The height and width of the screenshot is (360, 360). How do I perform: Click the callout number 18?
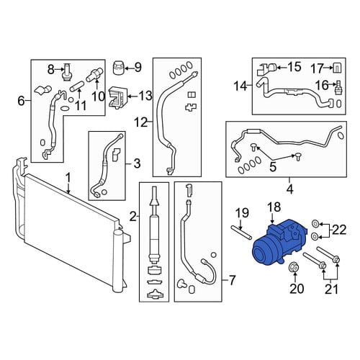[x=274, y=207]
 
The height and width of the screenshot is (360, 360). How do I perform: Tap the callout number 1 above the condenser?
[x=68, y=179]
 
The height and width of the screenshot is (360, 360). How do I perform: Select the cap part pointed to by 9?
[x=118, y=68]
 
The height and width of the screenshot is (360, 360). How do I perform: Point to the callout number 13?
[x=145, y=96]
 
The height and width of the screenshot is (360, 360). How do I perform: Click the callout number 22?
[x=339, y=230]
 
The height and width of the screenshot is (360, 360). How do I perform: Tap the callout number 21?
[x=331, y=289]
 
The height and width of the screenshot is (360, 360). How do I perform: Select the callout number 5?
[x=273, y=167]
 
